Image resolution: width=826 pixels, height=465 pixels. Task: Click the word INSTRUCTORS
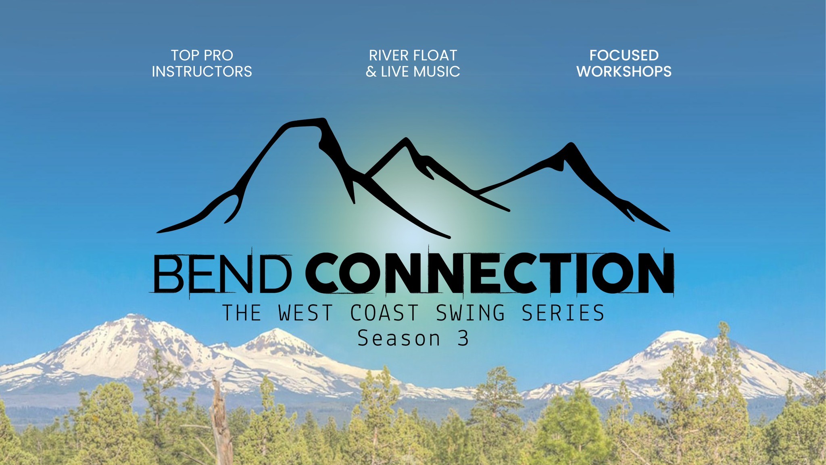pos(202,72)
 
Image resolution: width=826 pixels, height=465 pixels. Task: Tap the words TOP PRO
pos(202,55)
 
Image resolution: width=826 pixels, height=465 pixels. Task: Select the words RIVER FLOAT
pos(413,55)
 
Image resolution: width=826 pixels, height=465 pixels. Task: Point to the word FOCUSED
pos(624,55)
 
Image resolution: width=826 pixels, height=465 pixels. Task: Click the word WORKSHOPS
pos(624,72)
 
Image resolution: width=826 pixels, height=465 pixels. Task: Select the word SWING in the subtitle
pos(470,313)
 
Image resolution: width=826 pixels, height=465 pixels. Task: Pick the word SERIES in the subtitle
pos(563,313)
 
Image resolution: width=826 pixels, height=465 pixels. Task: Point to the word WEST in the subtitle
pos(306,313)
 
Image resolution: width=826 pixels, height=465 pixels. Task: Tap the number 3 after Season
pos(463,338)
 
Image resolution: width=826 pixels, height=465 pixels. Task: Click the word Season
pos(398,338)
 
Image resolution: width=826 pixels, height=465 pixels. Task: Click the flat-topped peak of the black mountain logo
pos(307,122)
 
